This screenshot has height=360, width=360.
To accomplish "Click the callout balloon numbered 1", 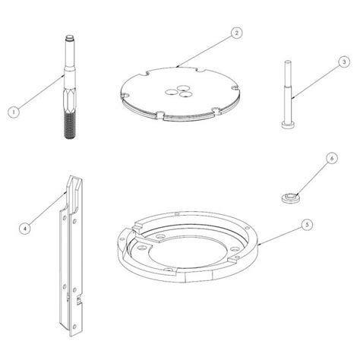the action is pyautogui.click(x=14, y=112).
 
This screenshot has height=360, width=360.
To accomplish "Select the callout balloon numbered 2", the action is pyautogui.click(x=236, y=33).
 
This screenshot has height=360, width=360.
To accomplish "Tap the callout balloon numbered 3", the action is pyautogui.click(x=344, y=62).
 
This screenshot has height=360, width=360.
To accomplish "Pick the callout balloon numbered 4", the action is pyautogui.click(x=25, y=229).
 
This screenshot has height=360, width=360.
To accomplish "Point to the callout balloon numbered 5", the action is pyautogui.click(x=307, y=225).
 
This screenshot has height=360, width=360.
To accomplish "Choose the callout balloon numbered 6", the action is pyautogui.click(x=331, y=158).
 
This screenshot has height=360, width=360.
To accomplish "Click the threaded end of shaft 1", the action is pyautogui.click(x=70, y=125).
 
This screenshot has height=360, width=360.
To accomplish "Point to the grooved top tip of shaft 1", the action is pyautogui.click(x=69, y=39).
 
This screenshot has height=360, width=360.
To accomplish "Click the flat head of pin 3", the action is pyautogui.click(x=288, y=125).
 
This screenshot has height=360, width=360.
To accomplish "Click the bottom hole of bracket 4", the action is pyautogui.click(x=74, y=327).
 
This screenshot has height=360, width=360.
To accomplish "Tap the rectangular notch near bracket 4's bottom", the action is pyautogui.click(x=79, y=300).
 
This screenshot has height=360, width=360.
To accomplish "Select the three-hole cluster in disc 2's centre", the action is pyautogui.click(x=178, y=91).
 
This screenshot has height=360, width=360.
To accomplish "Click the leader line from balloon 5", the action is pyautogui.click(x=279, y=235).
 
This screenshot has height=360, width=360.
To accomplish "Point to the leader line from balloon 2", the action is pyautogui.click(x=204, y=51).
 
